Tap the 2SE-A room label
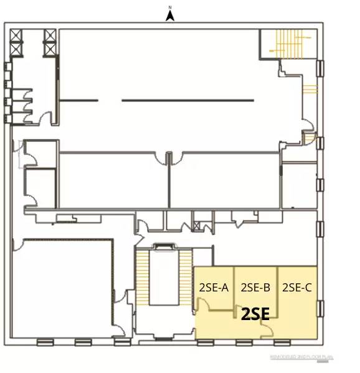(x=214, y=288)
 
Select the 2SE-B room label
(x=255, y=288)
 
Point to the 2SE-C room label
(x=296, y=288)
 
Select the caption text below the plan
(x=301, y=357)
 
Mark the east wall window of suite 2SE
(x=320, y=308)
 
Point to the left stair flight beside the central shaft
(x=143, y=277)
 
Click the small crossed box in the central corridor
(x=199, y=222)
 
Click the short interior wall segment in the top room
(x=79, y=100)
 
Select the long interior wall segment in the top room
(x=187, y=100)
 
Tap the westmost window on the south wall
(x=45, y=342)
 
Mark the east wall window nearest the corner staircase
(x=320, y=68)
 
